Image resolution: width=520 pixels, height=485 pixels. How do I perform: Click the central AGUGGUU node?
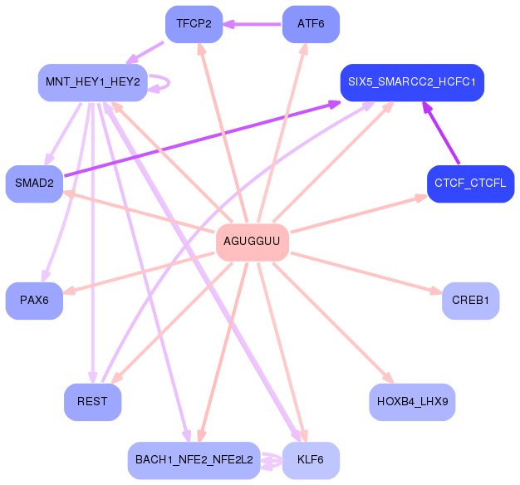253,242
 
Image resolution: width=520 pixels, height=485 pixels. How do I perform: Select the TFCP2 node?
194,24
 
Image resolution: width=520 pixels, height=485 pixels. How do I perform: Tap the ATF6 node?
311,24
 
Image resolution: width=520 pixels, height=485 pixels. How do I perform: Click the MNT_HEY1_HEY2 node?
93,82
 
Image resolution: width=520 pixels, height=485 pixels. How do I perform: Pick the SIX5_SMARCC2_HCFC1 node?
412,82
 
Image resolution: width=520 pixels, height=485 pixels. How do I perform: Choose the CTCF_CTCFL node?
471,184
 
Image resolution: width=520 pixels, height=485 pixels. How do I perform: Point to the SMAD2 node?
34,184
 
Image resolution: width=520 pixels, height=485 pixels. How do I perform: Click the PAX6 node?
34,301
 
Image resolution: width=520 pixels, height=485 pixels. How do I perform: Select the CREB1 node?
471,301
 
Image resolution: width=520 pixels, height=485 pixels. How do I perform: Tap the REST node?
92,402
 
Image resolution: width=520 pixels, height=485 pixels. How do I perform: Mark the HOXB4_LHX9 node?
412,402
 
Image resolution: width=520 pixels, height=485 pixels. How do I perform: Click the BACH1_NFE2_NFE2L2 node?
194,460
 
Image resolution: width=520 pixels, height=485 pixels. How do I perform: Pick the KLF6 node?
311,460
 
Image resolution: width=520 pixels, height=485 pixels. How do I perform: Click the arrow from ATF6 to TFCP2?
252,24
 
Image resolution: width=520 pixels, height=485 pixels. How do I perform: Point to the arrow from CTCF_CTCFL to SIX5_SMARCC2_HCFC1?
441,133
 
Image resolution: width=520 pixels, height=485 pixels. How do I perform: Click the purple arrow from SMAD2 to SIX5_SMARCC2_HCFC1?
203,139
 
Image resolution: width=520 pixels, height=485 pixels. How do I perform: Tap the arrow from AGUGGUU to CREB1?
366,273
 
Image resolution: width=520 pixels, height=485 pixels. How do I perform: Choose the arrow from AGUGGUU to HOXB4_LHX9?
333,323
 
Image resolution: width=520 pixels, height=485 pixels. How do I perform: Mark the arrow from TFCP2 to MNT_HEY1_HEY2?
145,52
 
